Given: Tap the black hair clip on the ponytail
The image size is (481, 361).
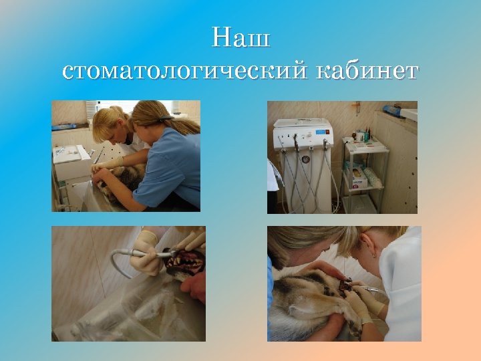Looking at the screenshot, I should pos(164,118).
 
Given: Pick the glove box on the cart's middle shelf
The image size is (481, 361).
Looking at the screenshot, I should pos(359,175).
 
